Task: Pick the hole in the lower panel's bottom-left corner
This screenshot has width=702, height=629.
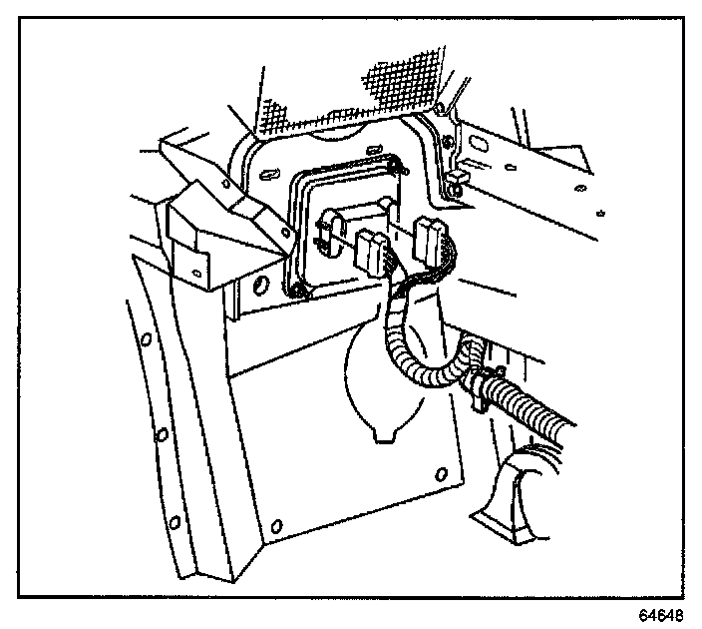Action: tap(276, 519)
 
